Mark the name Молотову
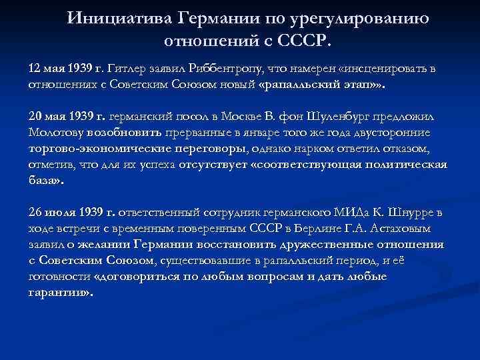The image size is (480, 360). (56, 132)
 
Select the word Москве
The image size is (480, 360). (253, 115)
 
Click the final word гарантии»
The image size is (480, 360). (59, 291)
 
